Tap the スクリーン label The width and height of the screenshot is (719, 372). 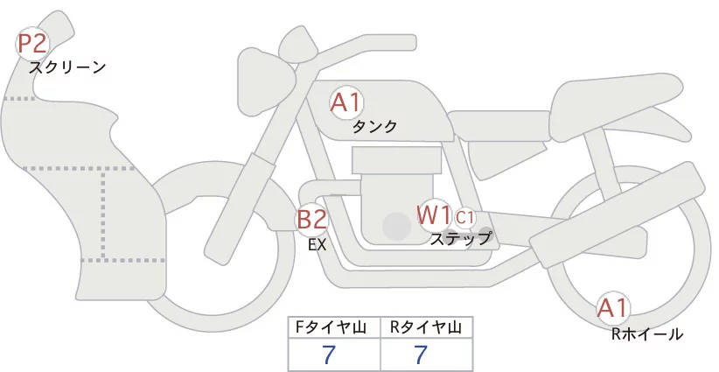(67, 67)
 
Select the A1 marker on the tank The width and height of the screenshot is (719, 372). (346, 103)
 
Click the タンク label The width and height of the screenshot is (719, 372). (374, 127)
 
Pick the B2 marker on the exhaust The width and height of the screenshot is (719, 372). (311, 218)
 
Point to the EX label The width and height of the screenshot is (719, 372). (317, 245)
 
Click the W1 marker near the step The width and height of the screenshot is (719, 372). (433, 214)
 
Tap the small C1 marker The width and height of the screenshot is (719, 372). (464, 216)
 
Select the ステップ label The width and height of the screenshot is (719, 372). (460, 237)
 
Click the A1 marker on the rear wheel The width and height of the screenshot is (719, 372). (612, 308)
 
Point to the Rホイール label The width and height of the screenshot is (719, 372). (646, 333)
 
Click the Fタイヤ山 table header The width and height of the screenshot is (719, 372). (335, 327)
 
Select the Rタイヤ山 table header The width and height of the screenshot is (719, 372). (426, 327)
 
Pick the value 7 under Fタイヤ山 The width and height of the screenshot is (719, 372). (329, 354)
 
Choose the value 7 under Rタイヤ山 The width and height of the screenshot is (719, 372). (420, 354)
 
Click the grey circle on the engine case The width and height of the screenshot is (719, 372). (396, 227)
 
